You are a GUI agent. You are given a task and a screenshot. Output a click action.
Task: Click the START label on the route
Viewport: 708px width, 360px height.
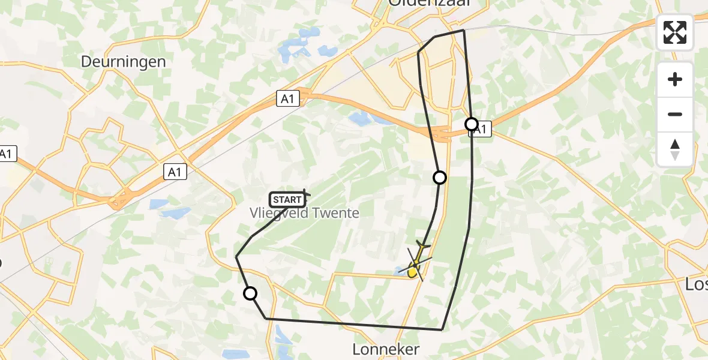287,199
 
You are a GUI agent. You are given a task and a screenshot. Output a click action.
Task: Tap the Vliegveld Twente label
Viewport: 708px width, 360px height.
304,213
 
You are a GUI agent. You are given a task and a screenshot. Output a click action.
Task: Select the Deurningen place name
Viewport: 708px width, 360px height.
123,62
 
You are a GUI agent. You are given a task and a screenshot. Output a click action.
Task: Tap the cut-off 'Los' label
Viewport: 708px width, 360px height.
697,284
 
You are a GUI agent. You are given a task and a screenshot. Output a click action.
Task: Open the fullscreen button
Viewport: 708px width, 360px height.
675,32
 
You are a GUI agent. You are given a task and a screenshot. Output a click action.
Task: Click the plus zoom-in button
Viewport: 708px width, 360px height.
675,79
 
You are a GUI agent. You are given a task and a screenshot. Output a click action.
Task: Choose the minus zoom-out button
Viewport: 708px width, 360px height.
675,114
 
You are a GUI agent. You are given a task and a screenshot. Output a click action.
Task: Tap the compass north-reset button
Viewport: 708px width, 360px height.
675,149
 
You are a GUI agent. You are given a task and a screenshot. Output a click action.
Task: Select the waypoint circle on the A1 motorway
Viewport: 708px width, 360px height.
472,124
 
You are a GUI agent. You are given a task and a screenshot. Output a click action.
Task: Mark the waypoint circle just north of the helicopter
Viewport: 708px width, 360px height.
440,177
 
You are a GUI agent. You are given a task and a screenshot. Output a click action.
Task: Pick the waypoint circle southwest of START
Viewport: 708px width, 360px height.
250,293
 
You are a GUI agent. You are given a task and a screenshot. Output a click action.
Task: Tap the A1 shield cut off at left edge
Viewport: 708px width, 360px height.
6,154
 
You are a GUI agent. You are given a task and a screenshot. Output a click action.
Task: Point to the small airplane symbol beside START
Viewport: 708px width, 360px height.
306,194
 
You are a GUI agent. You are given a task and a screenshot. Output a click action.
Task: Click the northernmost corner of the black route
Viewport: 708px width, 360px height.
464,30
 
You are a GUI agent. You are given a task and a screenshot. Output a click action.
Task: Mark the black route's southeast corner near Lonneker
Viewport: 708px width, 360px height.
442,329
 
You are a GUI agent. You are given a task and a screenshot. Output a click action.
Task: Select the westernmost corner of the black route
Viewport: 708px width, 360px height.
236,257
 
